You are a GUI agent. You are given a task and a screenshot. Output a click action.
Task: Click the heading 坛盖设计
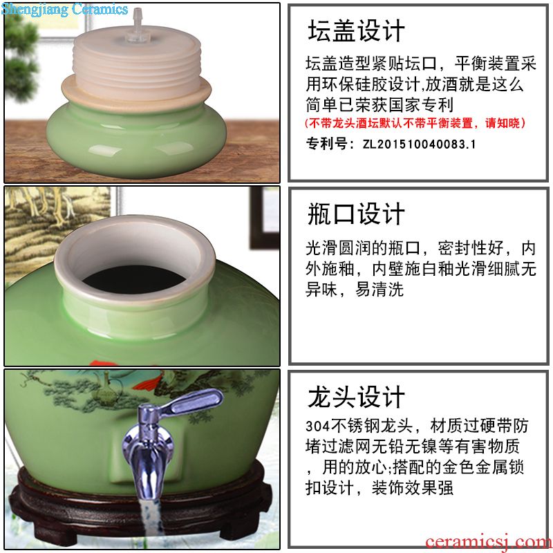pyautogui.click(x=356, y=30)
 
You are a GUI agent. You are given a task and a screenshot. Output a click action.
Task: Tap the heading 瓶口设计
pyautogui.click(x=356, y=214)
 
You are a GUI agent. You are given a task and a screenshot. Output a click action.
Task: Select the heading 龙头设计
pyautogui.click(x=356, y=397)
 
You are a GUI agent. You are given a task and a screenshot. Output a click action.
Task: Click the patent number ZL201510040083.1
pyautogui.click(x=419, y=144)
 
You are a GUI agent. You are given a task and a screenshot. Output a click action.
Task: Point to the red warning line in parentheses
pyautogui.click(x=415, y=123)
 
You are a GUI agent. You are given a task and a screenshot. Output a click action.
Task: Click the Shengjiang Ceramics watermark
pyautogui.click(x=64, y=9)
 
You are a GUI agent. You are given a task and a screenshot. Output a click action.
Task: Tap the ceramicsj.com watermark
pyautogui.click(x=489, y=542)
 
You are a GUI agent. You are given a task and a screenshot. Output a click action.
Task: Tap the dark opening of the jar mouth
pyautogui.click(x=134, y=279)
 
